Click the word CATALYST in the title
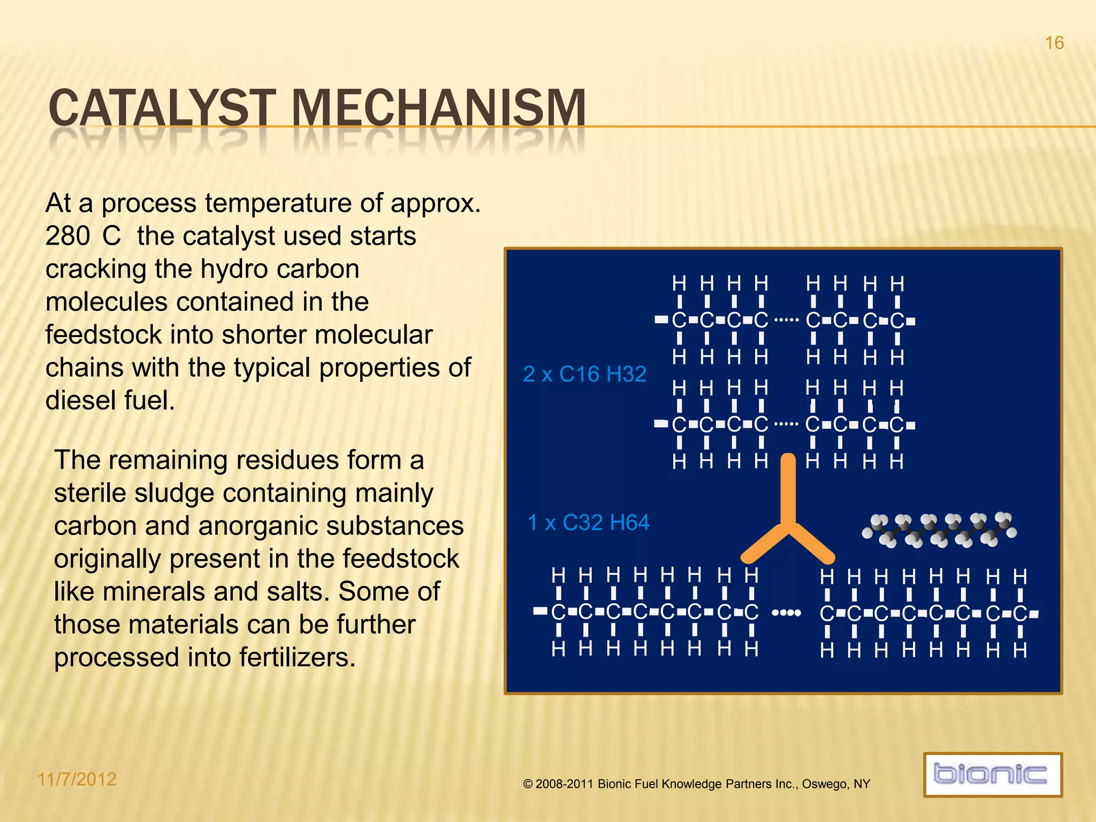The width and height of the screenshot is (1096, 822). (162, 109)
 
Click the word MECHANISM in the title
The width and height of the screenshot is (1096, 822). (438, 109)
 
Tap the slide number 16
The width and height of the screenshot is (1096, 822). (1054, 43)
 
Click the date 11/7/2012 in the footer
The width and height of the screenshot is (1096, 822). (77, 779)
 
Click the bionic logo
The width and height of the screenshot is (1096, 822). (992, 774)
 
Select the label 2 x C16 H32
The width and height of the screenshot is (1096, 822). (584, 374)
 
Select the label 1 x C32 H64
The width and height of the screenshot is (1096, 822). (588, 523)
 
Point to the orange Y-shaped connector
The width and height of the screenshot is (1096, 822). (788, 514)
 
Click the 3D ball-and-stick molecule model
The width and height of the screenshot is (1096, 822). (939, 530)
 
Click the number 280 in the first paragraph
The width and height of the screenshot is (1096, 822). (67, 236)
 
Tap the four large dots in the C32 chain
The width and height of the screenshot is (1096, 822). (786, 613)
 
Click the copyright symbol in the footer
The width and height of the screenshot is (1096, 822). (528, 785)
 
